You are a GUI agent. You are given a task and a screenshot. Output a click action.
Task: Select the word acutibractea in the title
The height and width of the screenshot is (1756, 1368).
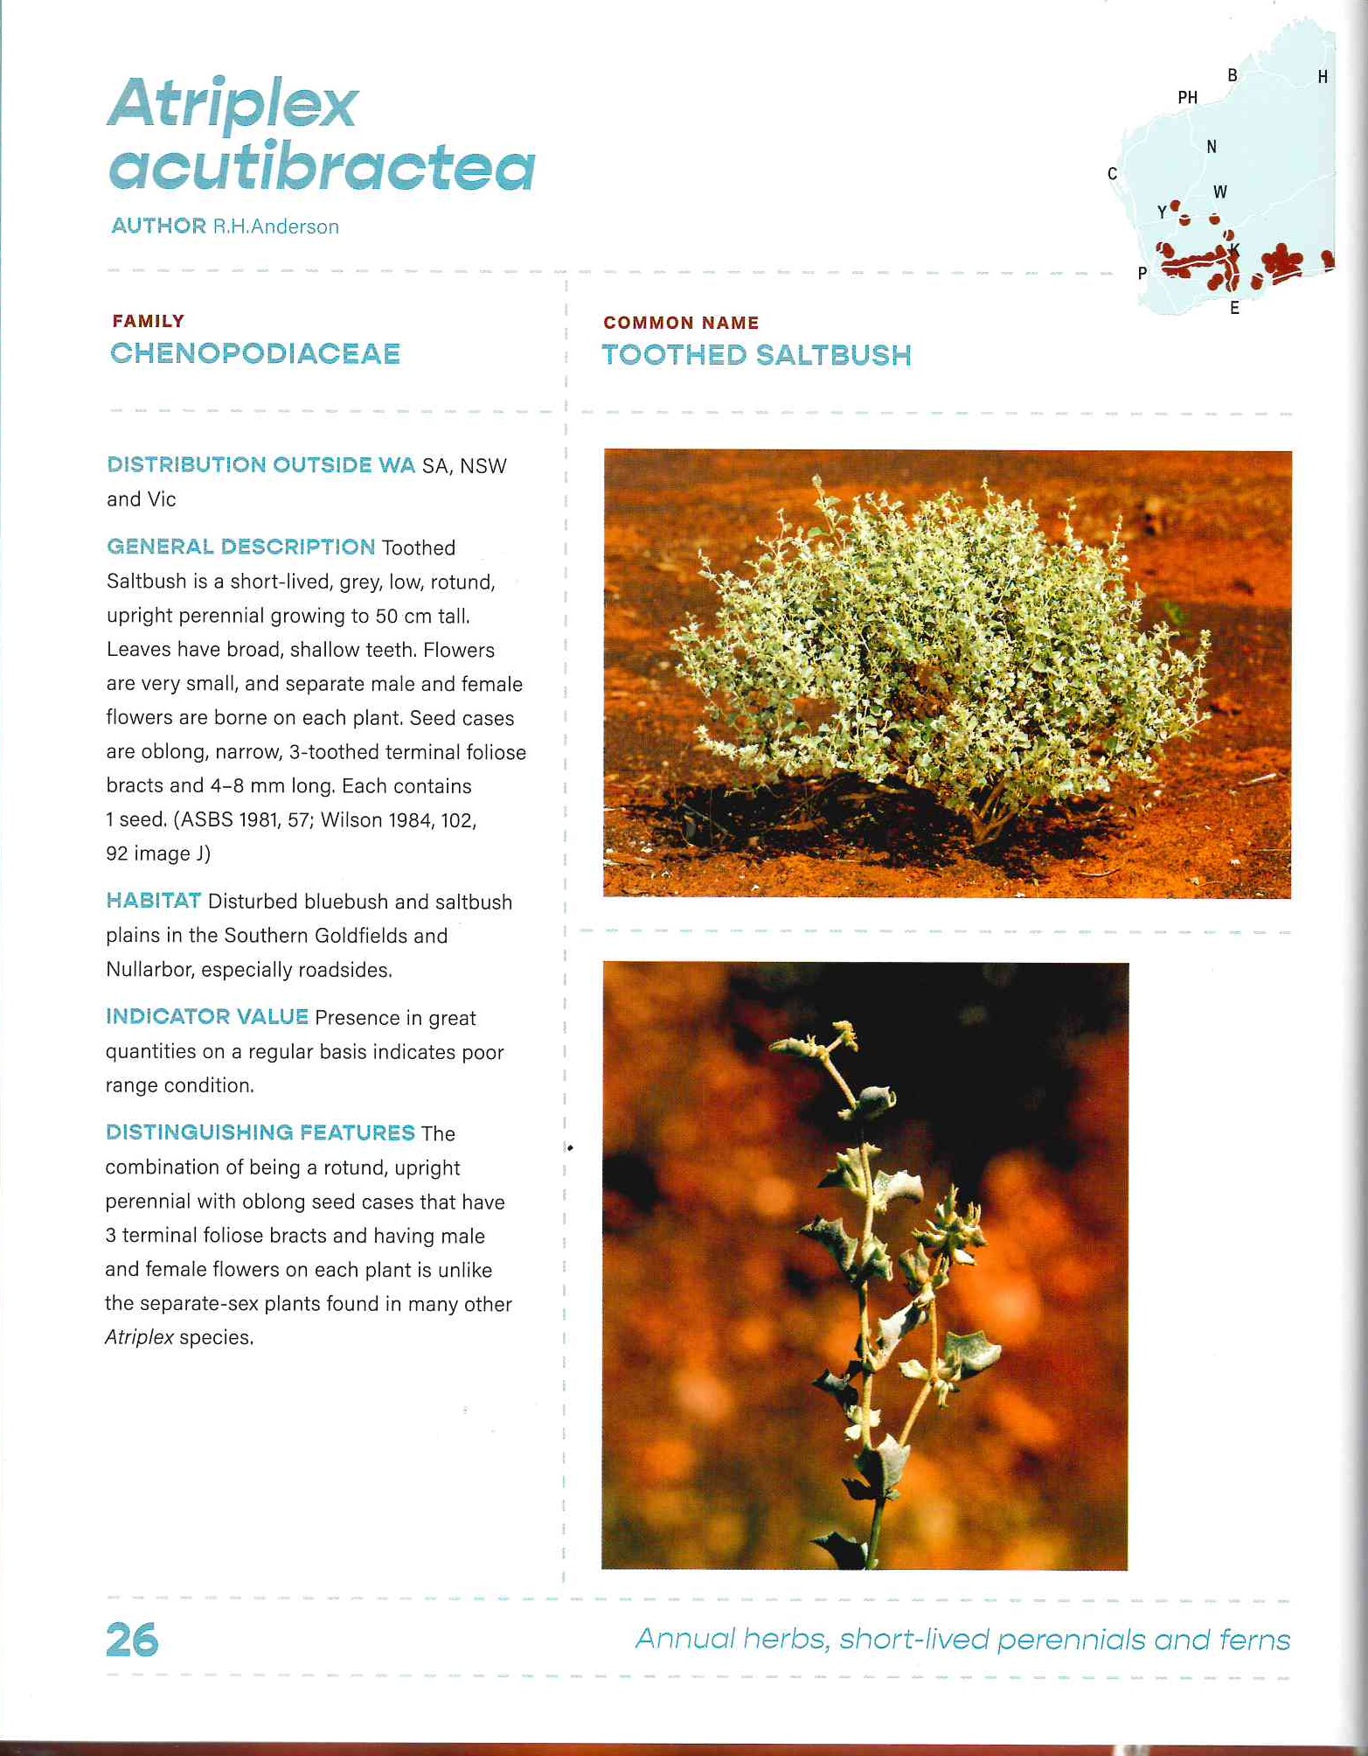tap(322, 168)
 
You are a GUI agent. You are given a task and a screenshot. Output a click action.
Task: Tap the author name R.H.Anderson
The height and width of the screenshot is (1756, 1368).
tap(275, 226)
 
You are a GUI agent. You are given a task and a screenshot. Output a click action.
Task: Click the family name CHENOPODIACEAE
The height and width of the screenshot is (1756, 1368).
tap(255, 353)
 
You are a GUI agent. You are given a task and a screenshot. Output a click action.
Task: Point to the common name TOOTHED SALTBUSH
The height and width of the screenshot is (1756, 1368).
tap(756, 355)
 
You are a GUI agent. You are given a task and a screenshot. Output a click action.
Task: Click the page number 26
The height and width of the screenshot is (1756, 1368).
tap(132, 1639)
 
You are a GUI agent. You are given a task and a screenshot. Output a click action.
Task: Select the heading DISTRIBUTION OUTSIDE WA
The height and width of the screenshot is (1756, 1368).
tap(260, 464)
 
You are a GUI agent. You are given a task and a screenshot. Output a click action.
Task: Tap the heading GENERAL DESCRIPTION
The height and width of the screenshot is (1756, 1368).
tap(240, 547)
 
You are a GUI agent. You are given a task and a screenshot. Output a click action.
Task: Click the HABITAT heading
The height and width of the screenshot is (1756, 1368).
tap(153, 901)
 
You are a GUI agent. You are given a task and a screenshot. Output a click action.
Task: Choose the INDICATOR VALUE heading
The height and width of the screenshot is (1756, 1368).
tap(206, 1016)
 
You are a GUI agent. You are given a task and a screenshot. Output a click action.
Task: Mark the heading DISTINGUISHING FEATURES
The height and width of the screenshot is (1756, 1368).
tap(260, 1132)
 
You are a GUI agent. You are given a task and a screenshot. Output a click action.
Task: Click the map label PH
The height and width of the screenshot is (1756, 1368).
tap(1187, 97)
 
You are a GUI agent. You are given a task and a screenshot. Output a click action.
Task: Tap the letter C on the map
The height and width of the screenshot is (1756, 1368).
tap(1112, 173)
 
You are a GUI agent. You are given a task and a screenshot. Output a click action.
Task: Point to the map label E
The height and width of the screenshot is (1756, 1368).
tap(1234, 308)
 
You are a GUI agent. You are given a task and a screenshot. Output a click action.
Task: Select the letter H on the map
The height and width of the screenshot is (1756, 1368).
tap(1323, 77)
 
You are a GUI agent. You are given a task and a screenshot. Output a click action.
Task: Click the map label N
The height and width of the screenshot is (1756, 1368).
tap(1212, 147)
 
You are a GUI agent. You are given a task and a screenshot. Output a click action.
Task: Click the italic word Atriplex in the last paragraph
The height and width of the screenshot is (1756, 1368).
tap(139, 1337)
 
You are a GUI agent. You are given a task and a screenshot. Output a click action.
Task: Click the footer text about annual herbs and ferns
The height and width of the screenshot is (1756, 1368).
tap(962, 1638)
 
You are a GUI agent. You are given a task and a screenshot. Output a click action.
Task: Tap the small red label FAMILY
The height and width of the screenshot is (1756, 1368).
tap(148, 321)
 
